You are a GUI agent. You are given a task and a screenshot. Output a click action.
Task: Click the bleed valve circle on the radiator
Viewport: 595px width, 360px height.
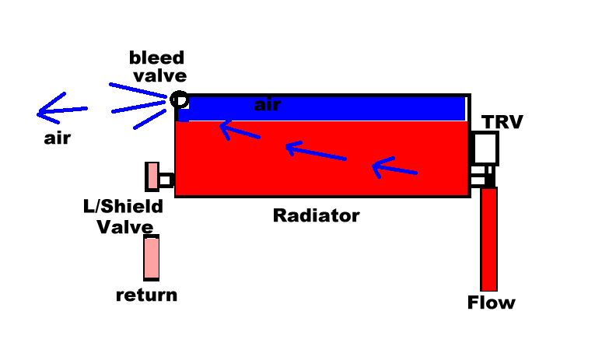(179, 93)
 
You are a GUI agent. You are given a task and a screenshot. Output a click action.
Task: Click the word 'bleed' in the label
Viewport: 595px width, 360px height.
(156, 58)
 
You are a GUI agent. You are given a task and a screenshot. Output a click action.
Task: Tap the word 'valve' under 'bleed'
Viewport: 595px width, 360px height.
(159, 76)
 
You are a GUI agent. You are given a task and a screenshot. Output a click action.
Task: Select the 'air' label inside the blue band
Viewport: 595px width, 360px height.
(268, 105)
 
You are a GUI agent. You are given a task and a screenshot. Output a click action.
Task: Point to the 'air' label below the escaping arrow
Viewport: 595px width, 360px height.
(58, 138)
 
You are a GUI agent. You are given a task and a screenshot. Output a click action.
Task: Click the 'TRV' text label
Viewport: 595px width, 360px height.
(502, 122)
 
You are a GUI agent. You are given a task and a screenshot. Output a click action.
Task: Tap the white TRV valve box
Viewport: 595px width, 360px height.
(485, 148)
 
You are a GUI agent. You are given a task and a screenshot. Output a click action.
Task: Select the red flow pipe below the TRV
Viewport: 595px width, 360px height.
(488, 239)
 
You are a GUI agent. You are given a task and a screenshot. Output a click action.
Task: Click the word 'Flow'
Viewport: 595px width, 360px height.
(492, 302)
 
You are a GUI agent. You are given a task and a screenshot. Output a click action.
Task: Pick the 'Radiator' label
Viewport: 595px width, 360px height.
(316, 215)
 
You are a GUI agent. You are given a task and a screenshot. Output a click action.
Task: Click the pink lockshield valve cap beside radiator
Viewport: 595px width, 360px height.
(152, 177)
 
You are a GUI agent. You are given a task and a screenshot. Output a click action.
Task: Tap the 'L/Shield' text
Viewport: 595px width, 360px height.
(123, 207)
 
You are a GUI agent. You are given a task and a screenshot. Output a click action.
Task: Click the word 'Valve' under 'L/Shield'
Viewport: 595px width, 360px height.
(125, 227)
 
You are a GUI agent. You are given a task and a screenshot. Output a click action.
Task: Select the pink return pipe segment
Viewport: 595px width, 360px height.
(152, 257)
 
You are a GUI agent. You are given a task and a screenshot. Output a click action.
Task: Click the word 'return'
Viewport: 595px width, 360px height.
(146, 295)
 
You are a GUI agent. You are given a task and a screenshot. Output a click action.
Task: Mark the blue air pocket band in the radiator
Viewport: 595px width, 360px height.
(322, 110)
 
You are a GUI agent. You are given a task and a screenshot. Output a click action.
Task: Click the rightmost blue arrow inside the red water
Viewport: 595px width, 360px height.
(394, 169)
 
